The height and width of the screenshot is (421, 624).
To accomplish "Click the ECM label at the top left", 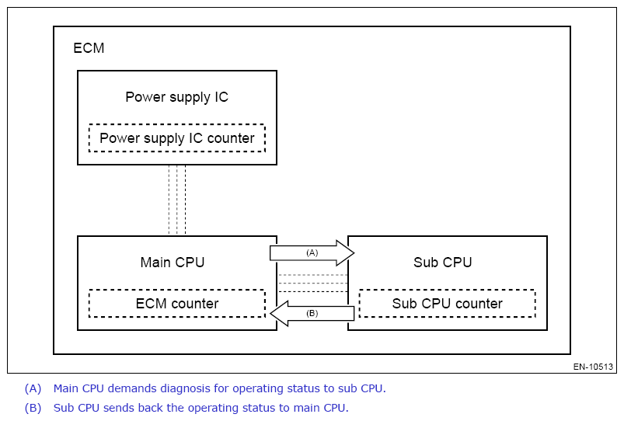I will point(89,48).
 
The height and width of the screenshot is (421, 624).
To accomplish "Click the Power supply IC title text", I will point(177,97).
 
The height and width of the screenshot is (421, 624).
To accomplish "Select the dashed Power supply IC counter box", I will point(177,138).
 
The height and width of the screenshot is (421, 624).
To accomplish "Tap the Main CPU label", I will point(173,262).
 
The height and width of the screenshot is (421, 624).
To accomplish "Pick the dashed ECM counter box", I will point(177,304).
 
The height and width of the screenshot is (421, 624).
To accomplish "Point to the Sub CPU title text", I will point(443,262).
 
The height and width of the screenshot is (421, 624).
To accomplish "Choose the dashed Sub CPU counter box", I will point(448,304).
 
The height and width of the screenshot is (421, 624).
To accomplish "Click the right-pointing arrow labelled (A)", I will point(312,253).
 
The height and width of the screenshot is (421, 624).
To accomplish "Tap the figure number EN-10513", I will point(594,367).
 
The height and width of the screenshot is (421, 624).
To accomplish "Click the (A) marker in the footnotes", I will point(33,388).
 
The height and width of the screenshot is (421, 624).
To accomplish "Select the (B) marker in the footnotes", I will point(33,408).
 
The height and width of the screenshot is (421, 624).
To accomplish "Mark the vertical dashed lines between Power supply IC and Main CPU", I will point(177,200).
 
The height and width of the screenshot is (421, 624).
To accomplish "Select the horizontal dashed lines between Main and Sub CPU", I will point(312,284).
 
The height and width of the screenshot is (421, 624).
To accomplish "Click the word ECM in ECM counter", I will point(151,304).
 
